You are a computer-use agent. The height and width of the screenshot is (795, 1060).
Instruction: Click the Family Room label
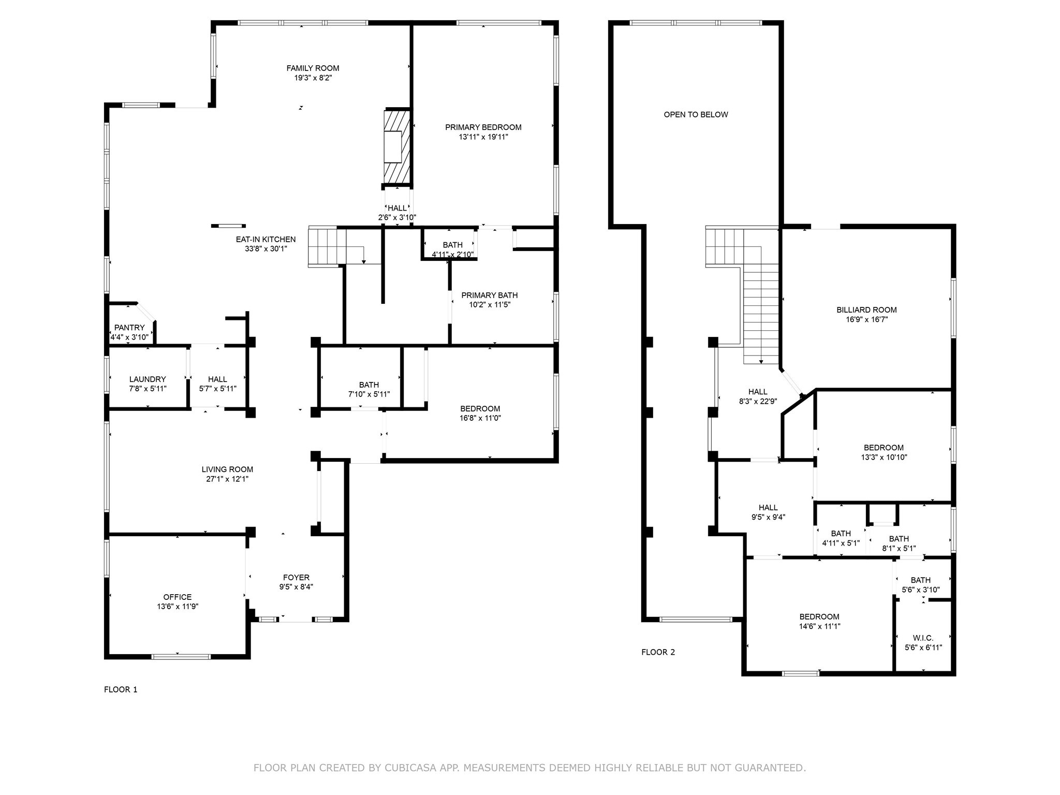(313, 68)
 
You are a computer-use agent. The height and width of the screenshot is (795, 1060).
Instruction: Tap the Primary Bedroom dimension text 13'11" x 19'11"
(483, 137)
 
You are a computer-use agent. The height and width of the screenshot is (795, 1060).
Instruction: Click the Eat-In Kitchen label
(266, 240)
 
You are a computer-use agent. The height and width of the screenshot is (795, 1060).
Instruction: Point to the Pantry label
(129, 328)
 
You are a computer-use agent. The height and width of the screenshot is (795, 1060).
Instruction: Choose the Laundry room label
(148, 379)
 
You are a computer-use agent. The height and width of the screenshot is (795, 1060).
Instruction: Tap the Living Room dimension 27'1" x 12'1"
(227, 479)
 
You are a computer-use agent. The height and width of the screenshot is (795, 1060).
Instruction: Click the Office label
(178, 597)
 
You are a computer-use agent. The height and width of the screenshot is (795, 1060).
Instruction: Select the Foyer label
(296, 578)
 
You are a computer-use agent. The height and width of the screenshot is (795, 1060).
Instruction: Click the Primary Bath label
(490, 296)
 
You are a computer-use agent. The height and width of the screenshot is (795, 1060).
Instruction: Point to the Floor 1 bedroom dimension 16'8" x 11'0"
(480, 418)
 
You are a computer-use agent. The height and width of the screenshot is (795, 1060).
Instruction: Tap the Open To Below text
(696, 115)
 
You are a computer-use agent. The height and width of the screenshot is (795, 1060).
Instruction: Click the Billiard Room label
(866, 310)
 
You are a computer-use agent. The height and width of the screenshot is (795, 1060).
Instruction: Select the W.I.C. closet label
(923, 638)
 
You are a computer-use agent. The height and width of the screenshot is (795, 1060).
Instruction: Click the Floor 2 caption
(658, 652)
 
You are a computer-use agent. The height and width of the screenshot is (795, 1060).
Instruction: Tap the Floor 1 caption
(121, 689)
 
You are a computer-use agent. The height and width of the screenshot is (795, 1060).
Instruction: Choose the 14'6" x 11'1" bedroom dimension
(819, 626)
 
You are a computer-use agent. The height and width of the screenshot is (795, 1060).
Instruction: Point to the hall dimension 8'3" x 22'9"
(758, 401)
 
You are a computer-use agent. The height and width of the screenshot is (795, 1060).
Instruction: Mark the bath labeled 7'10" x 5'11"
(369, 389)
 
